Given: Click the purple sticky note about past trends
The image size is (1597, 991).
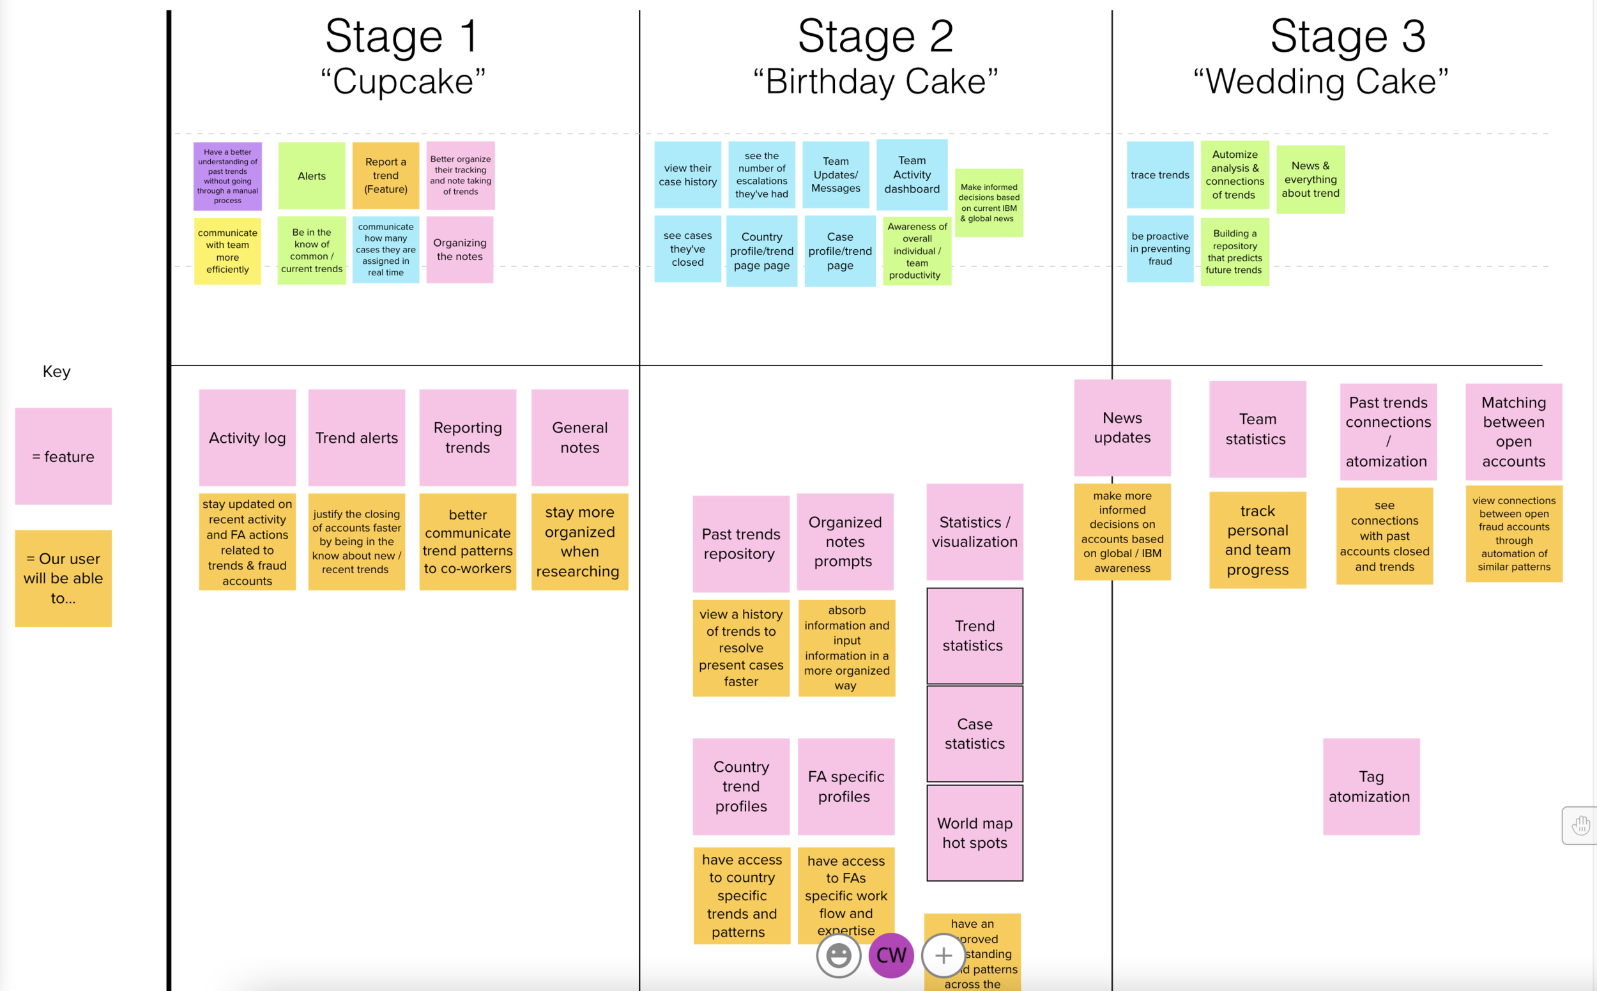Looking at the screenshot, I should (227, 176).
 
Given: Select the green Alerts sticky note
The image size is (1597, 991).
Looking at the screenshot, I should (311, 176).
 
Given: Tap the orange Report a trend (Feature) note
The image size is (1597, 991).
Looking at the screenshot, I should (385, 176).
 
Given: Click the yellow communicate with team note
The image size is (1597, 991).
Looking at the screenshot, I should (227, 251).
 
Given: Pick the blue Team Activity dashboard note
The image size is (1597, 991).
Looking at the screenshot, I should (912, 175).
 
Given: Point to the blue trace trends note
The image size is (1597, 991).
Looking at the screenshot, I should (1159, 175).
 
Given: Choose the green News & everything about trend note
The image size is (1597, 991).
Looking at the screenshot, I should (1310, 180).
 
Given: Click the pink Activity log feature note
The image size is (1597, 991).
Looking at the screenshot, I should (247, 438).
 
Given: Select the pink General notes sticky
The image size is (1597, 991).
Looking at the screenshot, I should (579, 438).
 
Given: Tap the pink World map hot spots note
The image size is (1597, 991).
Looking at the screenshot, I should (974, 833).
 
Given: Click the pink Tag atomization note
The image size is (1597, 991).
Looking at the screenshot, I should (1370, 787).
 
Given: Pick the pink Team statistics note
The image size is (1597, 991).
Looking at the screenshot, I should (1257, 429).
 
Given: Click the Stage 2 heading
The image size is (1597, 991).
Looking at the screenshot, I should (875, 36).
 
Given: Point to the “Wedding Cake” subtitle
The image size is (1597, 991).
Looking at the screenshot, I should (1320, 82).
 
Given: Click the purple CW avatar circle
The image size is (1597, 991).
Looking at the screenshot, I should (890, 955).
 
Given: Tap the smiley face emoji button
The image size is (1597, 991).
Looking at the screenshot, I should (838, 955).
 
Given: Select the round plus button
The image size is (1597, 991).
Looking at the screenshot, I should (943, 955).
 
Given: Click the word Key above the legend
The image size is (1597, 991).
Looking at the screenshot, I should (56, 372).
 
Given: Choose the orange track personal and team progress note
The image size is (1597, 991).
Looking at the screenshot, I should (1257, 540).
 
